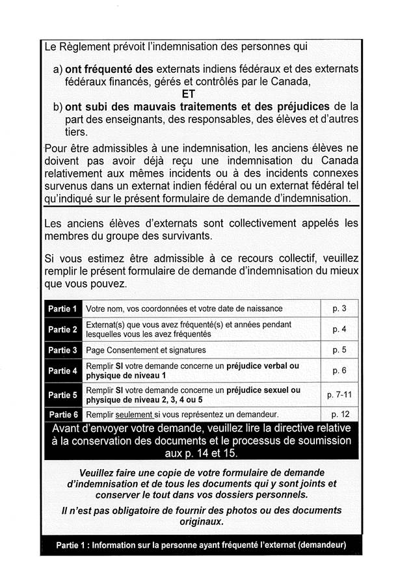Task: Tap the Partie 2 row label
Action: (62, 329)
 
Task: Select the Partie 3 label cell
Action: (62, 350)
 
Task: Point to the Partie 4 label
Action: (62, 371)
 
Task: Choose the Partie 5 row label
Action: (62, 395)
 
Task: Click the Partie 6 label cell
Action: (62, 414)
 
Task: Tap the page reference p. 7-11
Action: (339, 395)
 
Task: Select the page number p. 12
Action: (339, 414)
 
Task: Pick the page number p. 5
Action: (339, 350)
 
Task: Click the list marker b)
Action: (57, 107)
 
